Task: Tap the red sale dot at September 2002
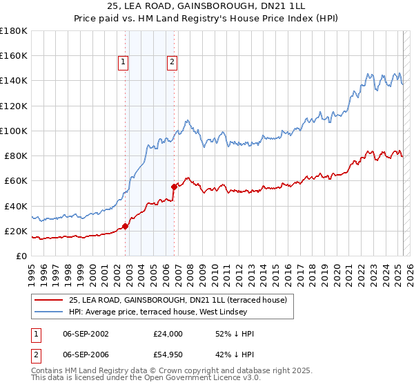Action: pyautogui.click(x=125, y=226)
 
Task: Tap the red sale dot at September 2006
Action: pyautogui.click(x=174, y=185)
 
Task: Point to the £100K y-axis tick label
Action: pyautogui.click(x=13, y=131)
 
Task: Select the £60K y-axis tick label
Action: pyautogui.click(x=16, y=181)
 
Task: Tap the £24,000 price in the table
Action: pyautogui.click(x=168, y=334)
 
